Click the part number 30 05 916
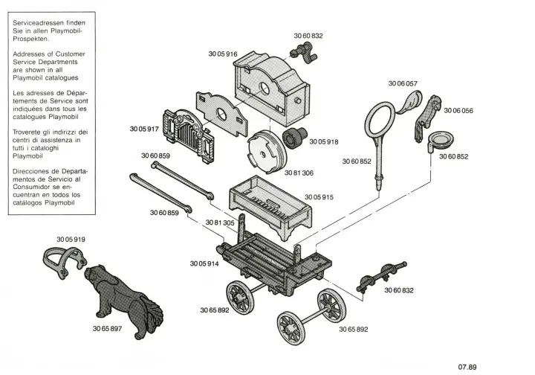pos(222,54)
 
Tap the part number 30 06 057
pos(403,83)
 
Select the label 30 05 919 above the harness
pos(71,240)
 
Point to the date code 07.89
pos(467,367)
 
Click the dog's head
pos(94,274)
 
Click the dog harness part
pos(64,260)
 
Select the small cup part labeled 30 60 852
pos(438,141)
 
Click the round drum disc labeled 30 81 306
pos(267,153)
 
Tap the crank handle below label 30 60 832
pos(304,53)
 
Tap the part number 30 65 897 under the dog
pos(107,329)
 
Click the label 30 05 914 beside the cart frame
pos(204,263)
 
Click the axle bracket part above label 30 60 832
pos(381,277)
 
